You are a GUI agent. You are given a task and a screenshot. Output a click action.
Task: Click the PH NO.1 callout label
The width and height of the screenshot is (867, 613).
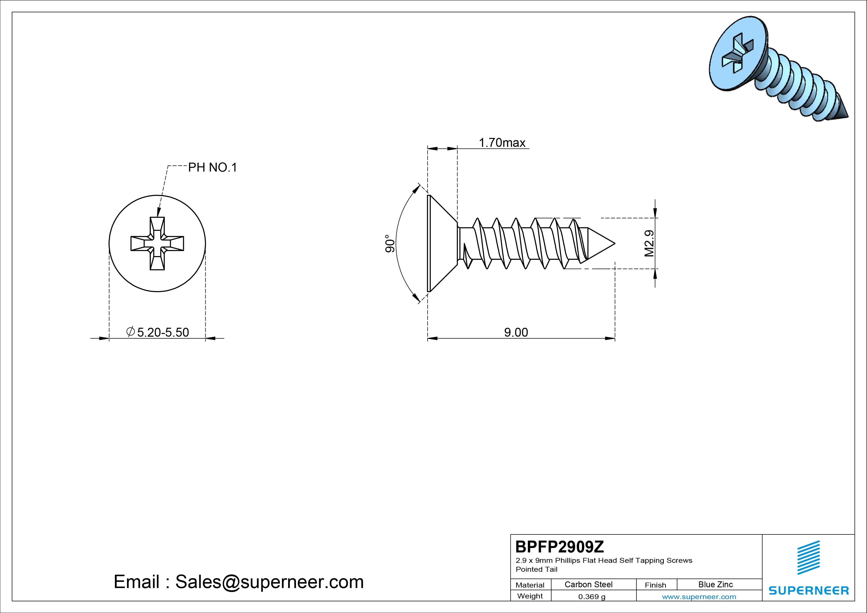point(213,167)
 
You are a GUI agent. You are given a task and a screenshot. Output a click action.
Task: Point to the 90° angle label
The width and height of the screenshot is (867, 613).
point(390,244)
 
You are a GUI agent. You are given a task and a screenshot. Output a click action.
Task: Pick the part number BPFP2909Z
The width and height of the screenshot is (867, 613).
point(560,547)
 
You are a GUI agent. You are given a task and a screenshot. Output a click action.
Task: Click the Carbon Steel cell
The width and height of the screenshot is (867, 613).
point(588,584)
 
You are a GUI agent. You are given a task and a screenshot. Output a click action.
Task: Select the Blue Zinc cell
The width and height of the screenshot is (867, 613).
point(715,584)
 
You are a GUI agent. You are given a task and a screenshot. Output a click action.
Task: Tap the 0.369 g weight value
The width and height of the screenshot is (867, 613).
point(592,597)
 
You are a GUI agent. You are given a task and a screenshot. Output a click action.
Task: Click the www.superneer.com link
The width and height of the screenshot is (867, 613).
point(699,597)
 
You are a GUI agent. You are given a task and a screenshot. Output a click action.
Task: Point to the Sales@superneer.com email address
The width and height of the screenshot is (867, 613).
point(269,582)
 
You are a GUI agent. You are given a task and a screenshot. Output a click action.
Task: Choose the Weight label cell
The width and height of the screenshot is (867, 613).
point(530,596)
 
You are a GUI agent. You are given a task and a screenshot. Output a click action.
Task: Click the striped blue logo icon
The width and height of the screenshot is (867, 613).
point(808,557)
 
